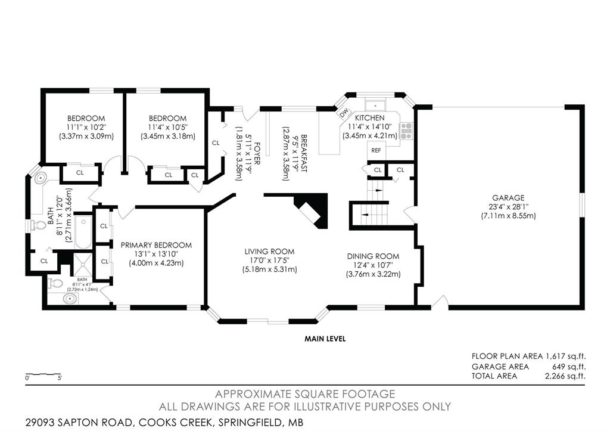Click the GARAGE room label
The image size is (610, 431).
(508, 198)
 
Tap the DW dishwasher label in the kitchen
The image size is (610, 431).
(344, 113)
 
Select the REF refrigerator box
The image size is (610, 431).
(376, 151)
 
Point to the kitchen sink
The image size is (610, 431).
(375, 105)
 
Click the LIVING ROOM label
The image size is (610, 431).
(270, 252)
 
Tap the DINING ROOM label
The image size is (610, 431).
(373, 256)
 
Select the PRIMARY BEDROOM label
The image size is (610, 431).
(156, 245)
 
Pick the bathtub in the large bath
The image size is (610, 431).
(83, 232)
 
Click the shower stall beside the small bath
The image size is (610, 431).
(83, 264)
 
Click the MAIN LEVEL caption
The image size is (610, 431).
(325, 339)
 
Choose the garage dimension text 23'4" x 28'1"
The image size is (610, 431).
(508, 207)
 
